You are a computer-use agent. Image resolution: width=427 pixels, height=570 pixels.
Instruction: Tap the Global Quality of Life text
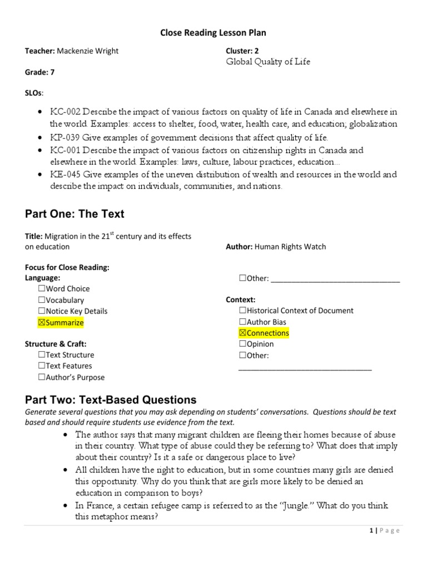pos(268,62)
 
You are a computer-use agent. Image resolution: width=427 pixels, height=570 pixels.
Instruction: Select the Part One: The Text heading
pos(75,214)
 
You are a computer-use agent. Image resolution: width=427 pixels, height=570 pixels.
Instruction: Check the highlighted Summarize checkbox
pos(42,322)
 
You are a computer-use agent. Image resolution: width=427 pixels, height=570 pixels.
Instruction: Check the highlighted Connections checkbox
pos(242,333)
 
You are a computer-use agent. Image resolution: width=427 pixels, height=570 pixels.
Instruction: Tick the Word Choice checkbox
pos(42,289)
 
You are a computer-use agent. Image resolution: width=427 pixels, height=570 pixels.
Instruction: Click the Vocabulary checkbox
pos(42,300)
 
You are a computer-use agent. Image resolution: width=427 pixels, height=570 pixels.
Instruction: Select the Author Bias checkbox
pos(242,322)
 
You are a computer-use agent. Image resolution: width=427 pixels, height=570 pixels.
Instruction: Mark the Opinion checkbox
pos(242,344)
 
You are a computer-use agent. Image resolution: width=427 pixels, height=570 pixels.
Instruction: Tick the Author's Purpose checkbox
pos(42,377)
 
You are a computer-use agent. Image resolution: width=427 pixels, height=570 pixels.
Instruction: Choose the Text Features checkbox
pos(42,366)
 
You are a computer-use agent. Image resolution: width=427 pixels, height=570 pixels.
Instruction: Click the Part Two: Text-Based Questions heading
pos(111,400)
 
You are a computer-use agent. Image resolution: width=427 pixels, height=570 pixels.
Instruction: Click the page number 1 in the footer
pos(371,530)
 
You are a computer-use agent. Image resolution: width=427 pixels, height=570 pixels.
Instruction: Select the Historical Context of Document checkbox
pos(242,311)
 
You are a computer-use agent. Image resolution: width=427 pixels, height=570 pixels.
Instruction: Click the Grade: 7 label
pos(40,72)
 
